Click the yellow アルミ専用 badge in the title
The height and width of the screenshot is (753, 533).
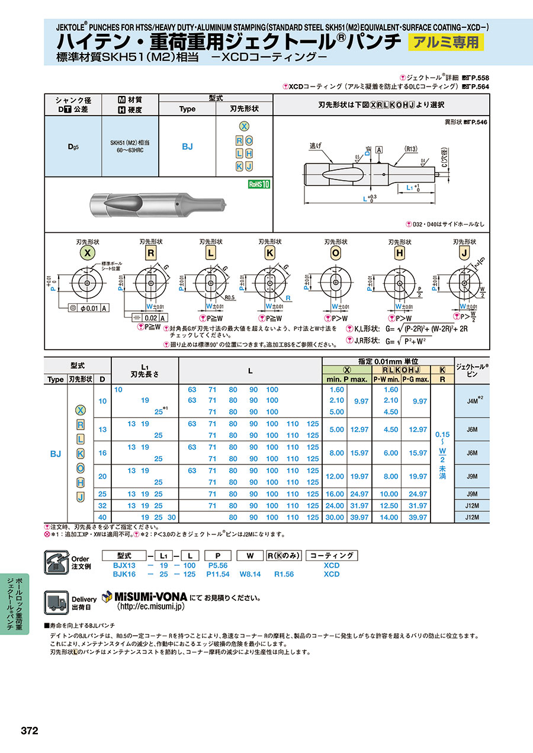pyautogui.click(x=446, y=42)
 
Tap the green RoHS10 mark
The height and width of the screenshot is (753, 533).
pyautogui.click(x=259, y=184)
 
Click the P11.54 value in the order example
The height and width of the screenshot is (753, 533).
pyautogui.click(x=218, y=574)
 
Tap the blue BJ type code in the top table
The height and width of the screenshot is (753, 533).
pyautogui.click(x=187, y=146)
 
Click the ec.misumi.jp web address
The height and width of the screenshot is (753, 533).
pyautogui.click(x=151, y=607)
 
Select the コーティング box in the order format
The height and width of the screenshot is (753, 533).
pyautogui.click(x=332, y=555)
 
